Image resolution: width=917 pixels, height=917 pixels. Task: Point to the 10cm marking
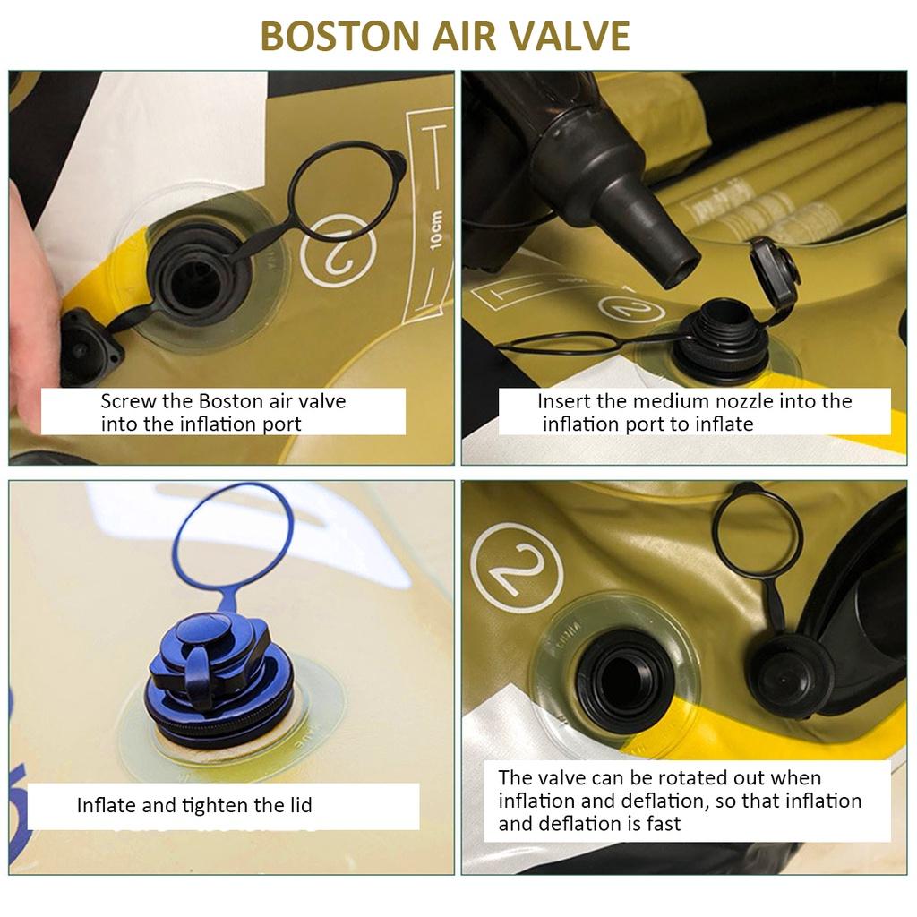436,230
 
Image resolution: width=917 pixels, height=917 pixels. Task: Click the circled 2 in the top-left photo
339,251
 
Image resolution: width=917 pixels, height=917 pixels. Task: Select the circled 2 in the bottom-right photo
517,567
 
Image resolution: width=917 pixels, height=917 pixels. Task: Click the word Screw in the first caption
128,402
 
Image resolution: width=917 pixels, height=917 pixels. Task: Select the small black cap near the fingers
88,345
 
